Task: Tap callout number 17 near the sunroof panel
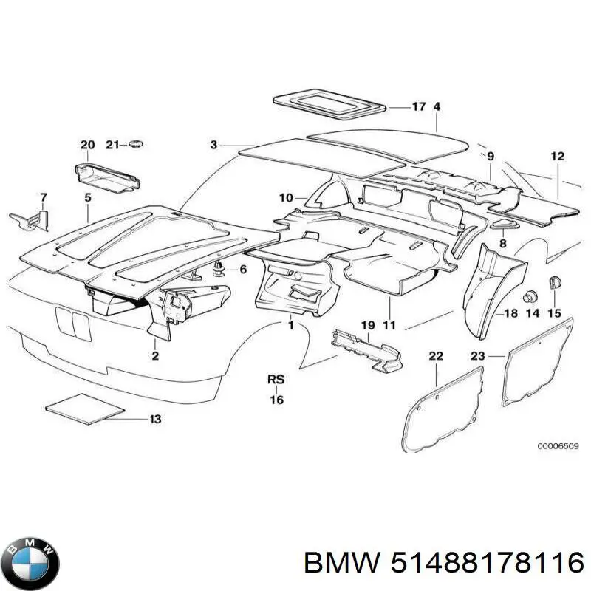click(x=419, y=107)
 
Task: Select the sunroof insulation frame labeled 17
click(x=329, y=104)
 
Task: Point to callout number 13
click(x=155, y=420)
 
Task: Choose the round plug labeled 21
click(x=135, y=143)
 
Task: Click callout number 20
click(x=87, y=145)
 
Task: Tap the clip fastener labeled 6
click(x=219, y=268)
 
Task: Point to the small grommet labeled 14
click(x=529, y=297)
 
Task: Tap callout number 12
click(x=557, y=157)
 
